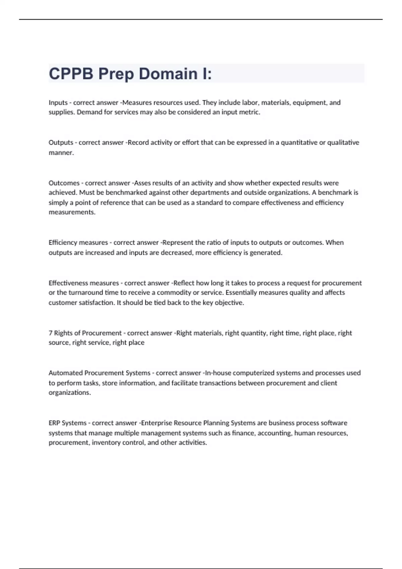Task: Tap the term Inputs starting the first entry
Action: tap(58, 102)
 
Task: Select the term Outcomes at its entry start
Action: tap(64, 183)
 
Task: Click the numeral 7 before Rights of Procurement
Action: tap(51, 333)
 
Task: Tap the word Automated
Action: tap(65, 373)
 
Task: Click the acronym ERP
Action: tap(54, 423)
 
